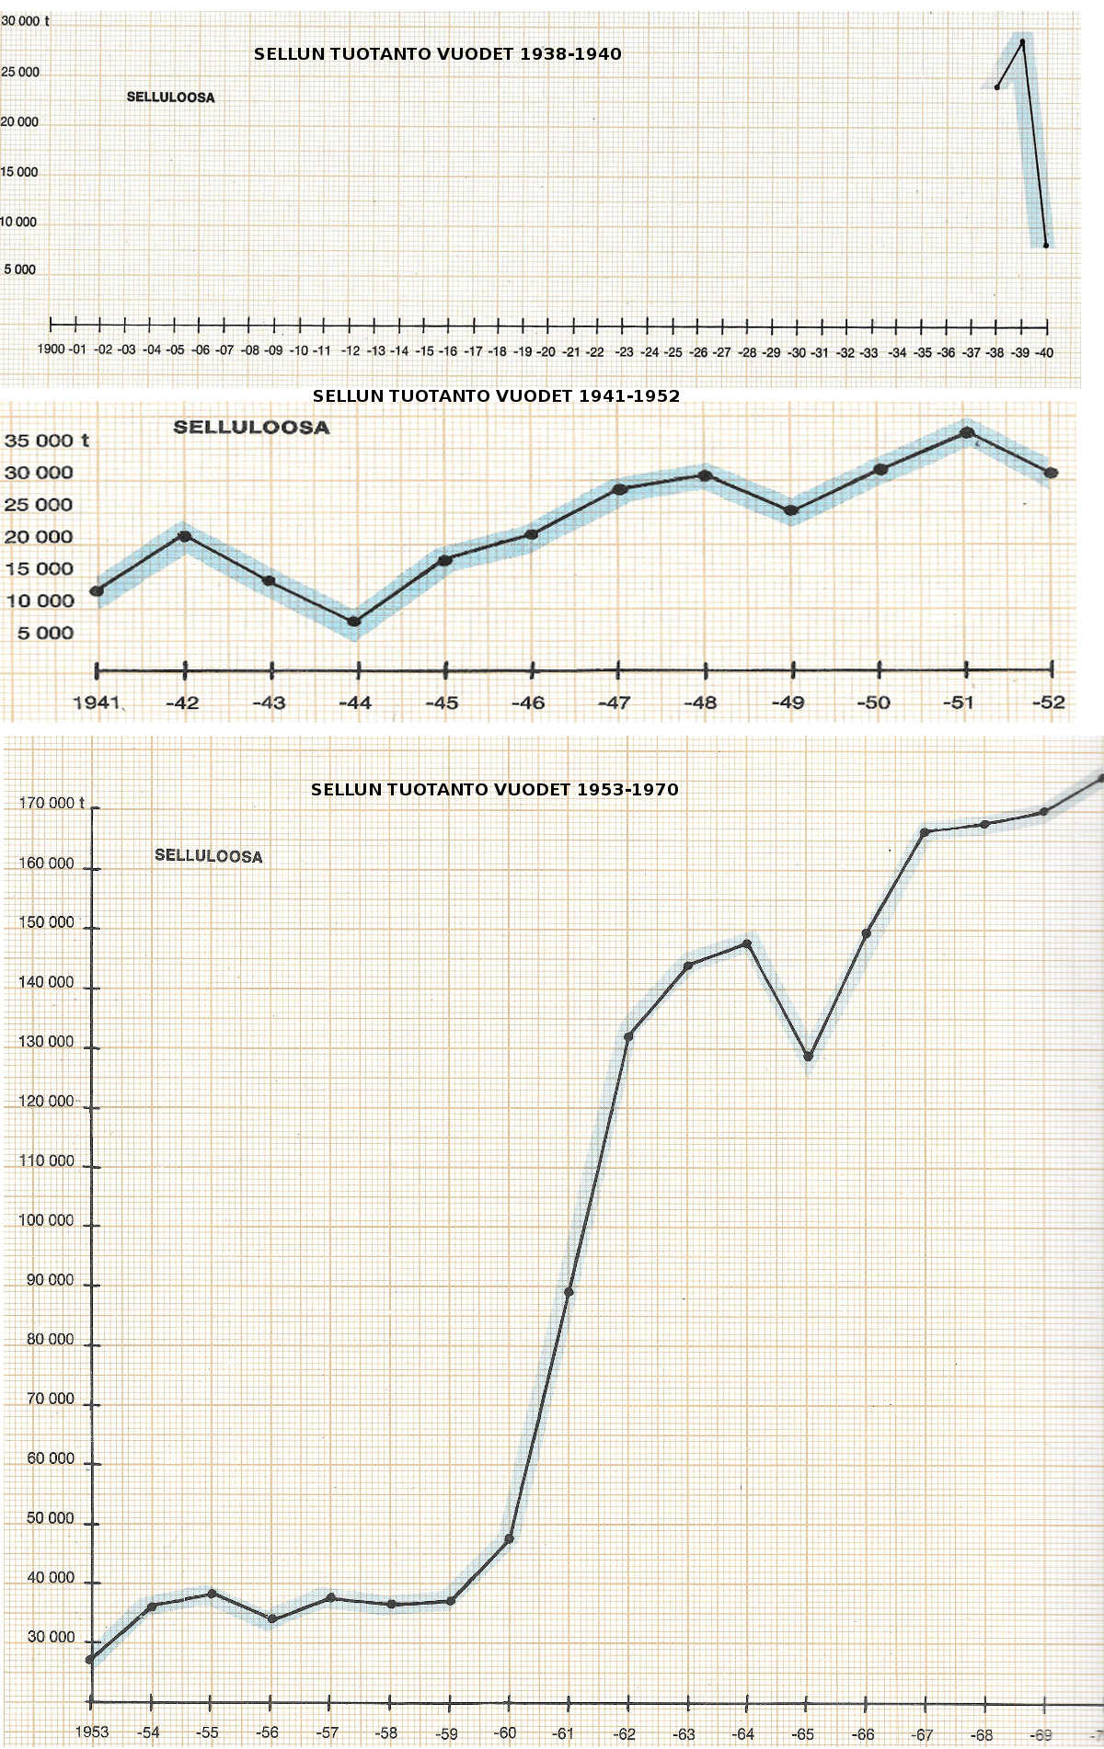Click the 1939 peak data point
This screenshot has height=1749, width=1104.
[1022, 41]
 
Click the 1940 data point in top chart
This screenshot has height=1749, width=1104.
[1046, 246]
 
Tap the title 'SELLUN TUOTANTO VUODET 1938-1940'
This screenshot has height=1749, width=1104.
[437, 54]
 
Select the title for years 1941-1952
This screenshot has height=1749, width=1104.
[496, 396]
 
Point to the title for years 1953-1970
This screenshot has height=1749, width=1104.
[494, 789]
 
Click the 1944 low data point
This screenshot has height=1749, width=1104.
[354, 622]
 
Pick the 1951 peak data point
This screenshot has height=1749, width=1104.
[967, 432]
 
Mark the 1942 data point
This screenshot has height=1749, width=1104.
[184, 536]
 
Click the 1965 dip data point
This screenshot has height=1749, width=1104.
[808, 1057]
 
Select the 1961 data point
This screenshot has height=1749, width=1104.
[569, 1292]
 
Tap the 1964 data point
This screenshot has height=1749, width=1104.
[747, 943]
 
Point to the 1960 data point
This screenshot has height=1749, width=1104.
[509, 1538]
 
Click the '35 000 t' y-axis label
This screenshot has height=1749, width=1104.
[46, 440]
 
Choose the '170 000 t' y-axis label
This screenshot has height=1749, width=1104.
[52, 803]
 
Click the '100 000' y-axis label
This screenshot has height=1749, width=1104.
[46, 1220]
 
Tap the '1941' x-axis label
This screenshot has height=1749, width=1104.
[97, 703]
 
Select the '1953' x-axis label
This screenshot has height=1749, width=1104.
[91, 1732]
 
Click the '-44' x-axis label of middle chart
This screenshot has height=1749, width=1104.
[355, 703]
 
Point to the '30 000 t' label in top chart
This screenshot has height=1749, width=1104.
[25, 20]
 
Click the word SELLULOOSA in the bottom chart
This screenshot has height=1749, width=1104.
[208, 855]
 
